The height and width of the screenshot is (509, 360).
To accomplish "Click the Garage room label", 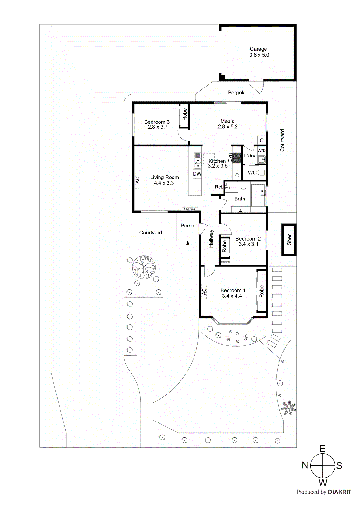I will coord(258,49).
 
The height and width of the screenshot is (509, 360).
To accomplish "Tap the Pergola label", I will coord(236,93).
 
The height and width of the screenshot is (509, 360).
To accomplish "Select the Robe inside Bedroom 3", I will coord(184,115).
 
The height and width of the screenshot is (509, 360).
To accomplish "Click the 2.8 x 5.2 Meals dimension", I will coord(228,127).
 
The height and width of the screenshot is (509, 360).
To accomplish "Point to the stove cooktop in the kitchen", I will coord(236,158).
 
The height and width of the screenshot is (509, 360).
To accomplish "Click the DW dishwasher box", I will coord(197,174).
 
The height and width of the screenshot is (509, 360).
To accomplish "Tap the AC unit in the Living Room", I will coord(138,180).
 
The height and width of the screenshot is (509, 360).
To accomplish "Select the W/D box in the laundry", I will coord(261,150).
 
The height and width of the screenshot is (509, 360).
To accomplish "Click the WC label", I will coord(252,173).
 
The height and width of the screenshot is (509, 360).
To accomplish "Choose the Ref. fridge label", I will coord(219,187).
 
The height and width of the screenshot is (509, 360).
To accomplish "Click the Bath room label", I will coord(240,199).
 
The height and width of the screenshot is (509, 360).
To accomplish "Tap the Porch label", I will coord(187,226).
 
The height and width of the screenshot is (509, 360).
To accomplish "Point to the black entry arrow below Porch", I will coord(188,243).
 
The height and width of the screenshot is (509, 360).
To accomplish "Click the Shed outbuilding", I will coord(289,239).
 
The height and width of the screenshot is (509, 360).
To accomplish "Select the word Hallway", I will coord(211,239).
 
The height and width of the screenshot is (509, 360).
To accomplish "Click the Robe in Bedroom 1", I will coord(261,291).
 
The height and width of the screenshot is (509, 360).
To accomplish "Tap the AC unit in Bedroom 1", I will coord(204,291).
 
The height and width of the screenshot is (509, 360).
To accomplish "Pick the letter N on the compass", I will coord(305,465).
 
